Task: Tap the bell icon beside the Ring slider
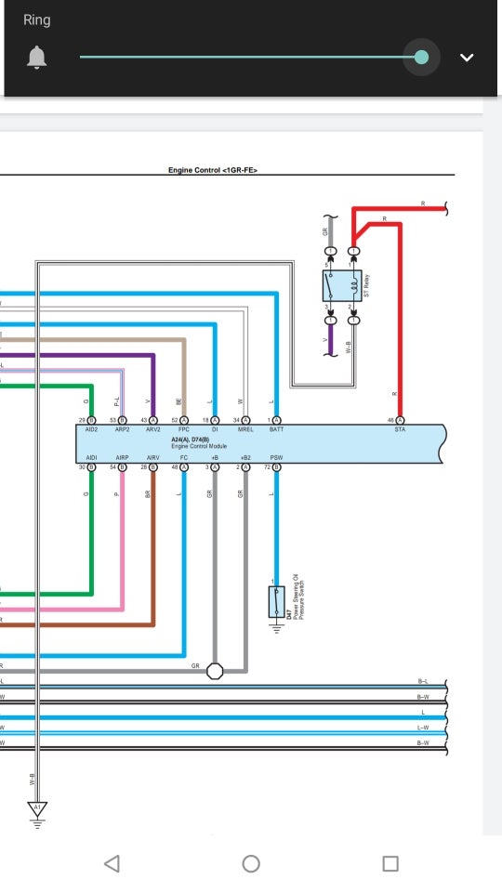click(x=37, y=58)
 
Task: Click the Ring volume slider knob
click(x=421, y=58)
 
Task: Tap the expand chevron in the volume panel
click(x=467, y=58)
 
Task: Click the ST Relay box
click(x=342, y=286)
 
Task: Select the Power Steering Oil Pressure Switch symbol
click(x=276, y=603)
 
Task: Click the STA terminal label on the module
click(x=400, y=430)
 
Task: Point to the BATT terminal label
click(x=276, y=430)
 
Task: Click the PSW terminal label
click(x=276, y=458)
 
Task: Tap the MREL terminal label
click(x=245, y=430)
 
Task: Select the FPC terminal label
click(x=184, y=430)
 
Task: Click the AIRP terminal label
click(x=123, y=458)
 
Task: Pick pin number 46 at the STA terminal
click(x=391, y=421)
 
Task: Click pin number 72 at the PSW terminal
click(x=267, y=467)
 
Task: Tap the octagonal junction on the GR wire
click(x=215, y=670)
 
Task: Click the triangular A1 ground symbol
click(x=37, y=808)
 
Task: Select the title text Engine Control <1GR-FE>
click(x=212, y=170)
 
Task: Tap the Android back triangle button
click(x=112, y=863)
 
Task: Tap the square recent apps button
click(x=390, y=863)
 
